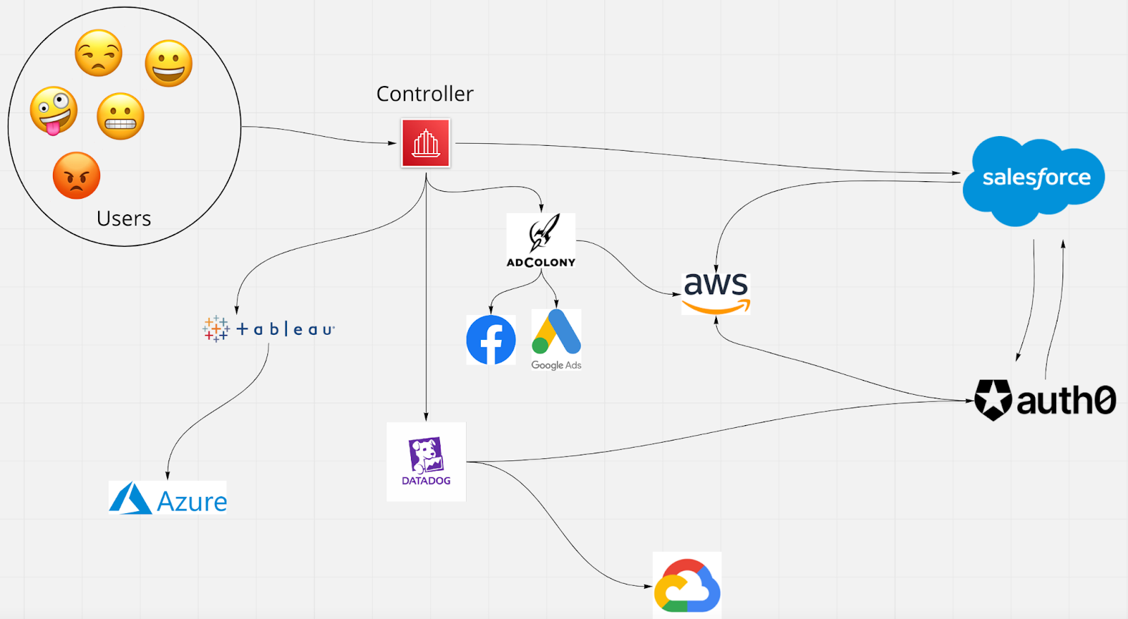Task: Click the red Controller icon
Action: point(426,143)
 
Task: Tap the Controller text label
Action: point(424,94)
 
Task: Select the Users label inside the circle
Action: point(124,219)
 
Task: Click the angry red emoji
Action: point(76,176)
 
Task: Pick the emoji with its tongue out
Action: point(54,110)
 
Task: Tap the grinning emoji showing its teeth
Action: point(168,63)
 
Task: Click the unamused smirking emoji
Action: point(99,53)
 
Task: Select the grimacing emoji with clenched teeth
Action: point(121,116)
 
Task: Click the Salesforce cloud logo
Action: point(1034,180)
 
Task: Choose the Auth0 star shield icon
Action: point(993,400)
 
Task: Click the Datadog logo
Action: point(426,462)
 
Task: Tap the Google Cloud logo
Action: point(687,585)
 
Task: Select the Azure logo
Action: point(168,498)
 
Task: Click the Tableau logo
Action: point(269,329)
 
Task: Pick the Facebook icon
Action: point(491,340)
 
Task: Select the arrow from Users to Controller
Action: point(317,134)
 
